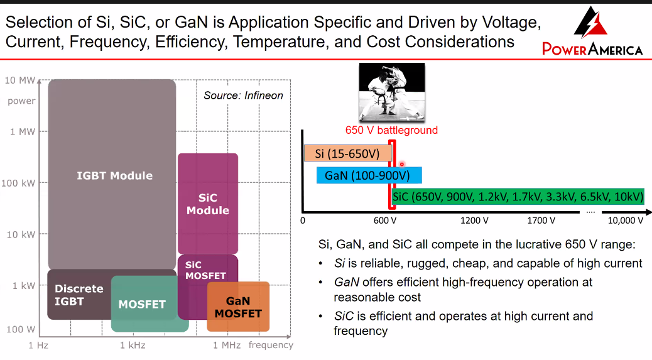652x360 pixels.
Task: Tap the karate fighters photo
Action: coord(392,92)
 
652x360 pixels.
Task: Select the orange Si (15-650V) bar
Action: coord(347,153)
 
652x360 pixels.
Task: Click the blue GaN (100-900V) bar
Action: coord(369,175)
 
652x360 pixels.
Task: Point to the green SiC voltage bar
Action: coord(518,196)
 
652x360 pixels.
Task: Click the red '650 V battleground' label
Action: coord(391,130)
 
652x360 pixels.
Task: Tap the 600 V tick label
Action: coord(384,221)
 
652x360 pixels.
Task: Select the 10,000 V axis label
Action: coord(626,221)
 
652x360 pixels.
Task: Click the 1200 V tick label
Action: coord(474,221)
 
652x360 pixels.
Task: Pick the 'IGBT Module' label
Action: coord(115,175)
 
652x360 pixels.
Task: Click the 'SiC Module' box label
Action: coord(208,204)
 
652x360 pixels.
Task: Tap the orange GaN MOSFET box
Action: coord(238,307)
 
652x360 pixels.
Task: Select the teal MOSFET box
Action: coord(149,304)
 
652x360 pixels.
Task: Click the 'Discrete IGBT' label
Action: coord(79,295)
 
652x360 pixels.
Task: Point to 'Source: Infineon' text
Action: coord(243,95)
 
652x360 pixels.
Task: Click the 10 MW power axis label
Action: coord(19,80)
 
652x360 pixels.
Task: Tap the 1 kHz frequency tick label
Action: coord(133,345)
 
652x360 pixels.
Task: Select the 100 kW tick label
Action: coord(18,183)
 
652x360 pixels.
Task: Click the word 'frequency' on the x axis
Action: coord(271,345)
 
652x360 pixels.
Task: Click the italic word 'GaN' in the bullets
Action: coord(346,282)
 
